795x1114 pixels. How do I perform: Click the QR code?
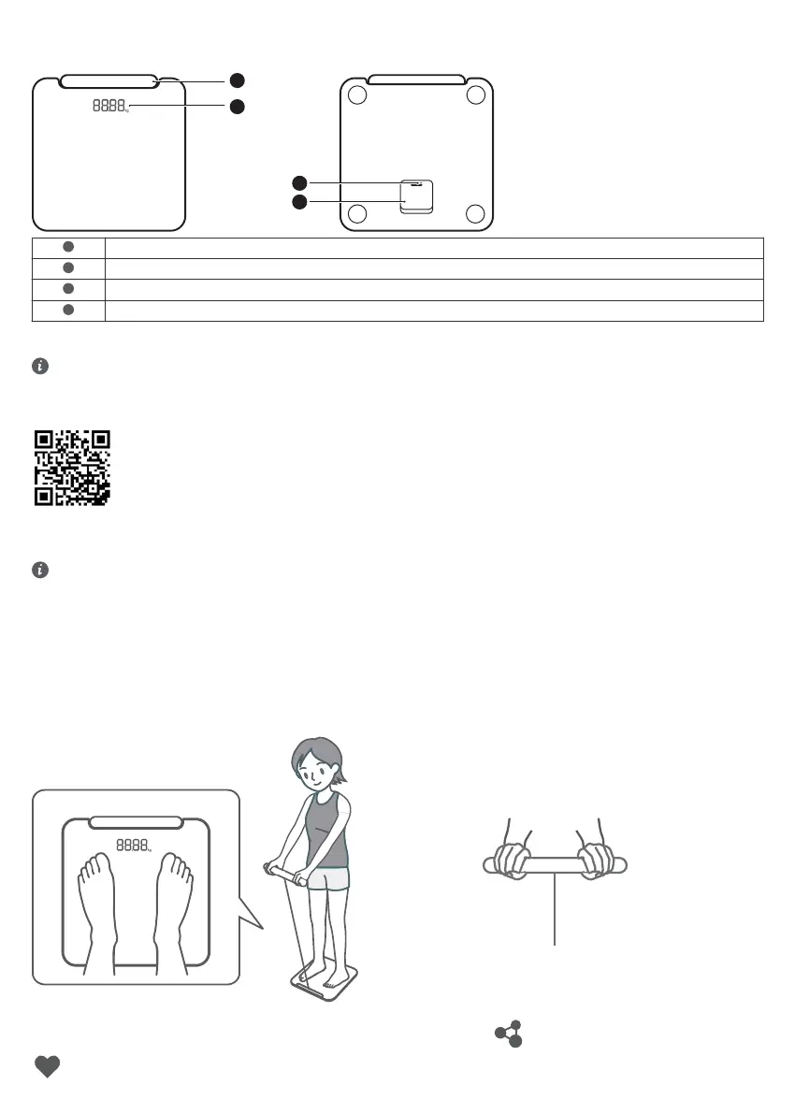pos(72,468)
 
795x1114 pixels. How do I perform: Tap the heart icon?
pos(47,1067)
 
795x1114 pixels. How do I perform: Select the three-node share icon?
pos(508,1034)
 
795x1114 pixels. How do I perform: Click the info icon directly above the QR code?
pos(39,368)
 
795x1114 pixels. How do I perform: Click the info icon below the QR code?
pos(39,569)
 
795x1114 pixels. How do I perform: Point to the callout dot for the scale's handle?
pos(238,80)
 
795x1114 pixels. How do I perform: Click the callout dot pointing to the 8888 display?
pos(238,108)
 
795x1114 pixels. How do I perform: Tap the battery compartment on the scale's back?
pos(416,195)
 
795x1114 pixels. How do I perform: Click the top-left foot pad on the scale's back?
pos(356,94)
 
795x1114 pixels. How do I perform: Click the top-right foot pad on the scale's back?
pos(475,94)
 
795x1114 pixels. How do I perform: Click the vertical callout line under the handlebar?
pos(556,912)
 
